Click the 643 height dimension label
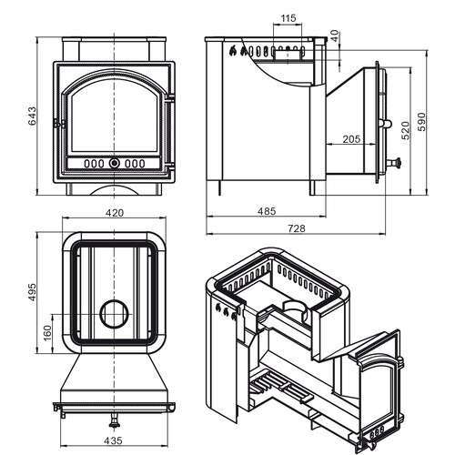pyautogui.click(x=32, y=116)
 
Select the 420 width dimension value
pyautogui.click(x=115, y=213)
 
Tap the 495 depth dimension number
pyautogui.click(x=32, y=292)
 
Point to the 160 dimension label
pyautogui.click(x=47, y=333)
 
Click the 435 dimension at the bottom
pyautogui.click(x=113, y=440)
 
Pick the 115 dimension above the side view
pyautogui.click(x=288, y=18)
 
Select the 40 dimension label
pyautogui.click(x=335, y=36)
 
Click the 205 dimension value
pyautogui.click(x=351, y=139)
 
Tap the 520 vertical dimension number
pyautogui.click(x=406, y=131)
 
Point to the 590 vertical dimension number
pyautogui.click(x=421, y=122)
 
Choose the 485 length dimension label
pyautogui.click(x=267, y=211)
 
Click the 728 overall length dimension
pyautogui.click(x=297, y=228)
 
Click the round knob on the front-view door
pyautogui.click(x=115, y=163)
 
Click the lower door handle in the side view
pyautogui.click(x=394, y=163)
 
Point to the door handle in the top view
pyautogui.click(x=114, y=420)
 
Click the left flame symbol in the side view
pyautogui.click(x=233, y=51)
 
